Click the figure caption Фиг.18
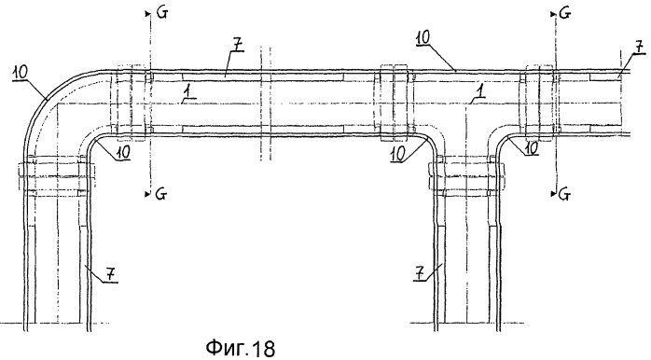click(241, 347)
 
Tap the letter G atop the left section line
click(162, 13)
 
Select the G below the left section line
click(161, 193)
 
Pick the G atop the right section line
click(565, 13)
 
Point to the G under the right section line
click(564, 194)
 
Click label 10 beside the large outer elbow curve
click(20, 72)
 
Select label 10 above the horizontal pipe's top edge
click(423, 38)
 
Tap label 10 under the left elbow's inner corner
click(122, 152)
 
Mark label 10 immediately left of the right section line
click(531, 147)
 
